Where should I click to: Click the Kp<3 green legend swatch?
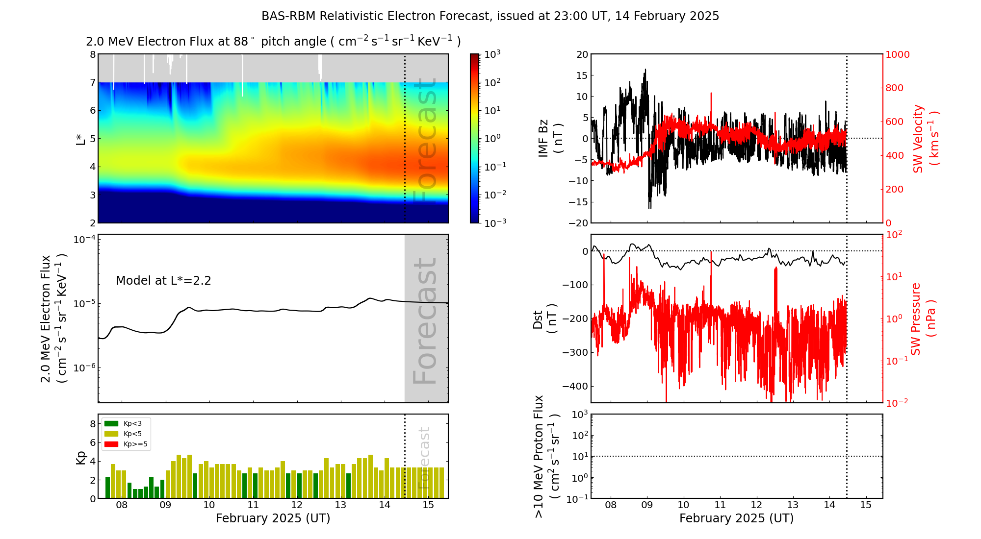111,423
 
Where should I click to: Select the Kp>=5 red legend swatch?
111,444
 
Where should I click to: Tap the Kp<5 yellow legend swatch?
111,434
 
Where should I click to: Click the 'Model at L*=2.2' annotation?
163,281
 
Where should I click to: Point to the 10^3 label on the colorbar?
492,54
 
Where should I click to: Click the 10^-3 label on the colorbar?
494,222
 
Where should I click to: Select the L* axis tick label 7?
93,82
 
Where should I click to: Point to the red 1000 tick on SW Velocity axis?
897,54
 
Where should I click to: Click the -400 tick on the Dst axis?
575,386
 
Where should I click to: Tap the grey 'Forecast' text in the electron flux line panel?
425,321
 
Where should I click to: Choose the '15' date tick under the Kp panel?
428,505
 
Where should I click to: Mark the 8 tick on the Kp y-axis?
93,424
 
